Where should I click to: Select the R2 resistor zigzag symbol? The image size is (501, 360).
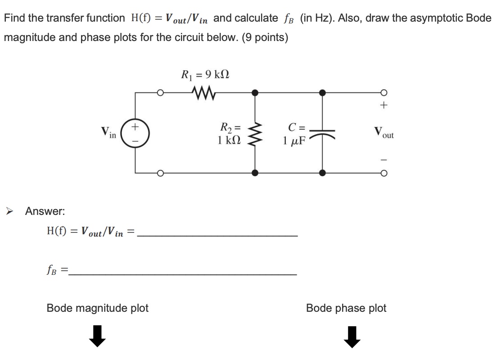(255, 132)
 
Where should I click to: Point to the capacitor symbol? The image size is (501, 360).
(322, 133)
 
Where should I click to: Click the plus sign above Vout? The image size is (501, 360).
(383, 107)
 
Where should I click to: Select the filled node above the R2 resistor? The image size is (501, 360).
(255, 93)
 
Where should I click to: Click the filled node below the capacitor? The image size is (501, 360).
(322, 173)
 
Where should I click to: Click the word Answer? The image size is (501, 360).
(45, 211)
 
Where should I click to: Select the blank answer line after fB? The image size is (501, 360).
(182, 273)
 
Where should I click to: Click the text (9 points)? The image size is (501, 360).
(265, 37)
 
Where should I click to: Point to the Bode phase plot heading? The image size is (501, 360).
(346, 308)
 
